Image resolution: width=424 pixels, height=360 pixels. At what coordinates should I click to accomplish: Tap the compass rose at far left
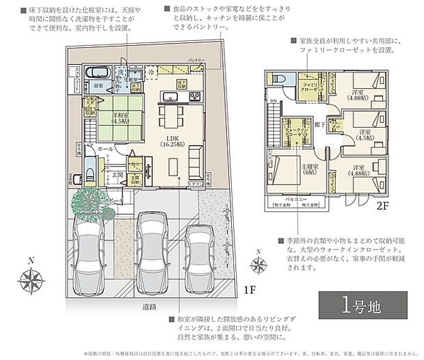(x=31, y=280)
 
